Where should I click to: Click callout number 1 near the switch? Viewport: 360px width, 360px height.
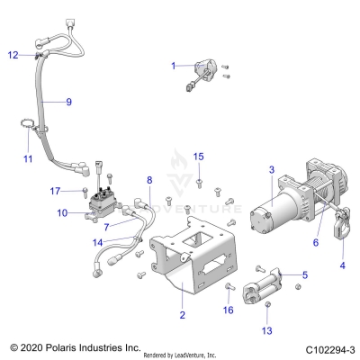175,66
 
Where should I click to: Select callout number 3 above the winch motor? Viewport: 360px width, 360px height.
271,169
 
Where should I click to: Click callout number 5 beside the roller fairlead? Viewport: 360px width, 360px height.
305,274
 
